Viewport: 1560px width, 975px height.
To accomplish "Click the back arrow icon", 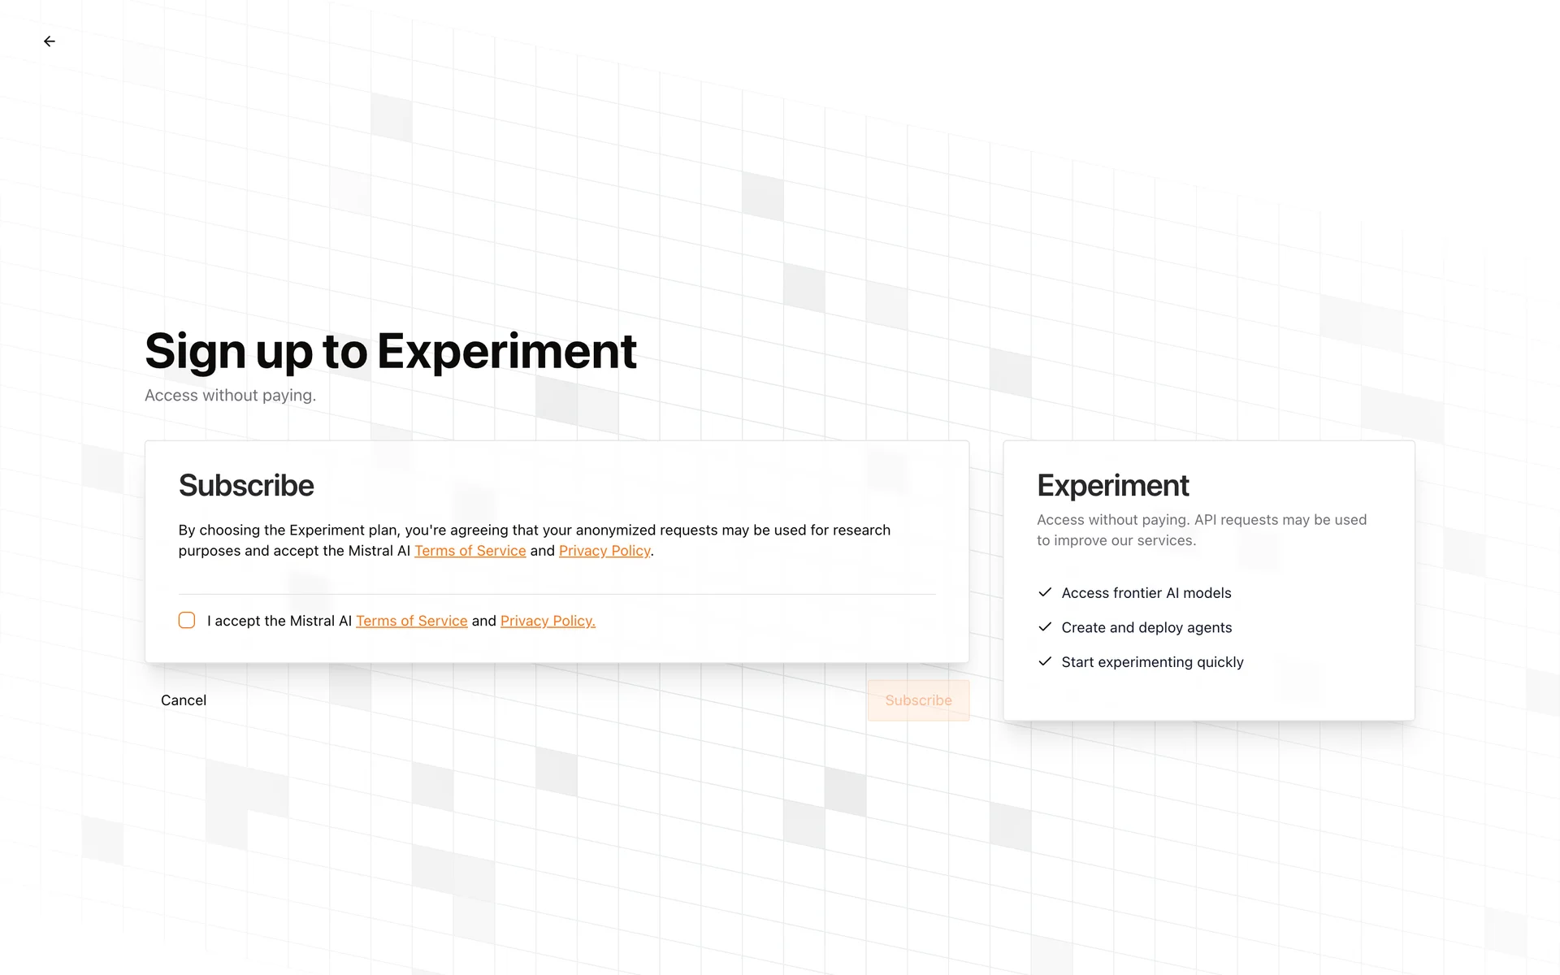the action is tap(50, 41).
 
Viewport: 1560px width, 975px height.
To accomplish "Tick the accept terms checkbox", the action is tap(187, 621).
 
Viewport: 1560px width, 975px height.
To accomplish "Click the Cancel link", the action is tap(184, 700).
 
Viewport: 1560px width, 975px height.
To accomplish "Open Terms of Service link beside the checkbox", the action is tap(412, 621).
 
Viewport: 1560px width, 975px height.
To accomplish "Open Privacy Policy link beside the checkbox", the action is tap(548, 621).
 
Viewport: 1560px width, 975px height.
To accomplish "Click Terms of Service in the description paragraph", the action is tap(470, 551).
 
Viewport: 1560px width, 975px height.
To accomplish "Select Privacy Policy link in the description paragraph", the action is tap(604, 551).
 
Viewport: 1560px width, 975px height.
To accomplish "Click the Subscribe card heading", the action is tap(246, 485).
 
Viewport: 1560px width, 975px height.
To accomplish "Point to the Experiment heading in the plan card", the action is tap(1113, 485).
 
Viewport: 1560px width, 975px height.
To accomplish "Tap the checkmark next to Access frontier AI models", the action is tap(1045, 592).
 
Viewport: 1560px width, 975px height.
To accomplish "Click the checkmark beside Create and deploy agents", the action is tap(1045, 626).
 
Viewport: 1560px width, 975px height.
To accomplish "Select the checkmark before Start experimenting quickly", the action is tap(1045, 661).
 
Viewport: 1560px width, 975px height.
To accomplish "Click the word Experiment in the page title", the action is tap(507, 351).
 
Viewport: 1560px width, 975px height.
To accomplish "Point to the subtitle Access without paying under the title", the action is tap(231, 396).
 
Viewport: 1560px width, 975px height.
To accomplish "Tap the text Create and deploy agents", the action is tap(1146, 627).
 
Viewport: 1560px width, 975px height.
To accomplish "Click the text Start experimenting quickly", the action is tap(1152, 662).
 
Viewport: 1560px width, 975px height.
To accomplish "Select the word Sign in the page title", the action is tap(195, 353).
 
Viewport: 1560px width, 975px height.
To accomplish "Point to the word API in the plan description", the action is tap(1206, 520).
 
